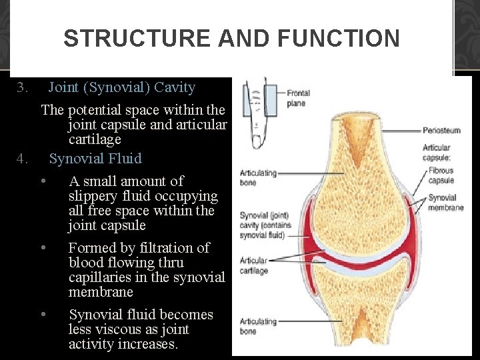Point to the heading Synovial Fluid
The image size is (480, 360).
95,159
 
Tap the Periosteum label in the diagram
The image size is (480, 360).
442,131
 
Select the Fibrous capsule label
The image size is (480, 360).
441,175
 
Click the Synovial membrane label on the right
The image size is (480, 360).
445,203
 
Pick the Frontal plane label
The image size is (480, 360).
297,98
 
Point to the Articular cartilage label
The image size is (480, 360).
253,265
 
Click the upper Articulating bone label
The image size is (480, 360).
258,177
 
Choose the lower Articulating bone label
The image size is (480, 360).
258,326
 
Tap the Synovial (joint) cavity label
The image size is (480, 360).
263,225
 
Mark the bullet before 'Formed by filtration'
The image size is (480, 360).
43,248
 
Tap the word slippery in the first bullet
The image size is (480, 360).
95,196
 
